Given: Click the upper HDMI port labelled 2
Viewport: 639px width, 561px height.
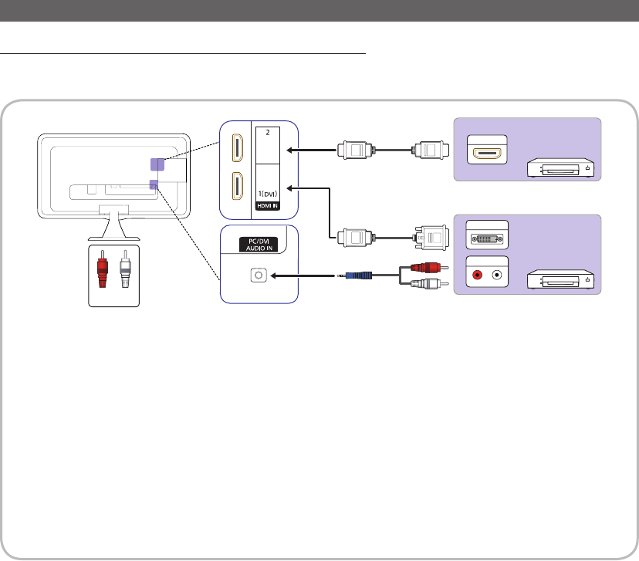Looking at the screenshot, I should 235,148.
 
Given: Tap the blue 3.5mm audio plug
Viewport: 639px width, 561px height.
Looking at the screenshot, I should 361,274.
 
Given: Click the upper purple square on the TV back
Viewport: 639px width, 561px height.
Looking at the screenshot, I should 157,164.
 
